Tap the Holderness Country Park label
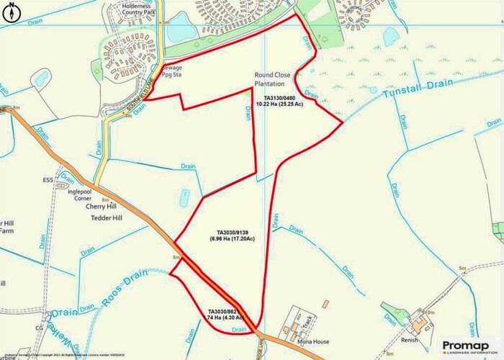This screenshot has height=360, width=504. pos(135,8)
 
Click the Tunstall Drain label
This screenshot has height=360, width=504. pos(417,89)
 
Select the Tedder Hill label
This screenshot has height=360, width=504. pos(105,218)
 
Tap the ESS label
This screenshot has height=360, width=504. pos(48,180)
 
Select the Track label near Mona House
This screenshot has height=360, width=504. pos(305,324)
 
